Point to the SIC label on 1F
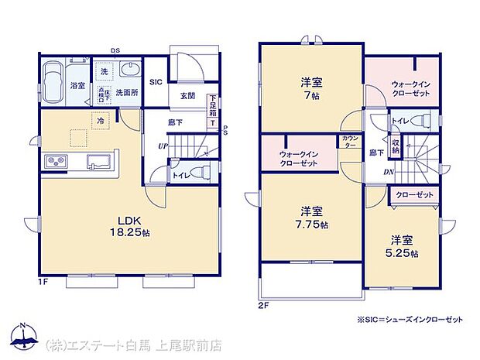[x=155, y=81]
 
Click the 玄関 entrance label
[x=187, y=97]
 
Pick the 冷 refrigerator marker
[x=100, y=120]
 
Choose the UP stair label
[x=162, y=146]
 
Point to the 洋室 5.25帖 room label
[x=404, y=246]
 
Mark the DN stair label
[x=390, y=173]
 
